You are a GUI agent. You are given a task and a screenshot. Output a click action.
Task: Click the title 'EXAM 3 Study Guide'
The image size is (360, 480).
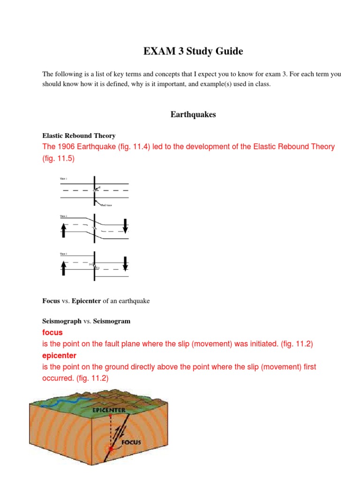(x=193, y=52)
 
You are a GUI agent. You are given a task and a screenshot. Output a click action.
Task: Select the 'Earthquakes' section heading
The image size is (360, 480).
(x=193, y=115)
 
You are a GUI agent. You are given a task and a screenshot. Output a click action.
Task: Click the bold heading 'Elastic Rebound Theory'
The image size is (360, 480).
(x=79, y=135)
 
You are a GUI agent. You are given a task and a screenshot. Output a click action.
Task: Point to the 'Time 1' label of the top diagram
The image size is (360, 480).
(x=64, y=179)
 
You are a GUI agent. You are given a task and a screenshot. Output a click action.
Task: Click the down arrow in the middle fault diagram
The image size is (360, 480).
(x=125, y=225)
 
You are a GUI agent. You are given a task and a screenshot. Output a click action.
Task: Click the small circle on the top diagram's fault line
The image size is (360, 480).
(x=94, y=190)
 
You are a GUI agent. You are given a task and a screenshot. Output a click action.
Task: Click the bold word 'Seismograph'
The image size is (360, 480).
(x=62, y=321)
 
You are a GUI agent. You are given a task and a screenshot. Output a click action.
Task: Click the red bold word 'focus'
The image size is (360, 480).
(x=52, y=332)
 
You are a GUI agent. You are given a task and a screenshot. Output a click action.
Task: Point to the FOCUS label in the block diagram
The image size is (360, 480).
(x=131, y=442)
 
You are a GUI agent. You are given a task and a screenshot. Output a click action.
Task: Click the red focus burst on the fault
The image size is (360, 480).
(x=111, y=449)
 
